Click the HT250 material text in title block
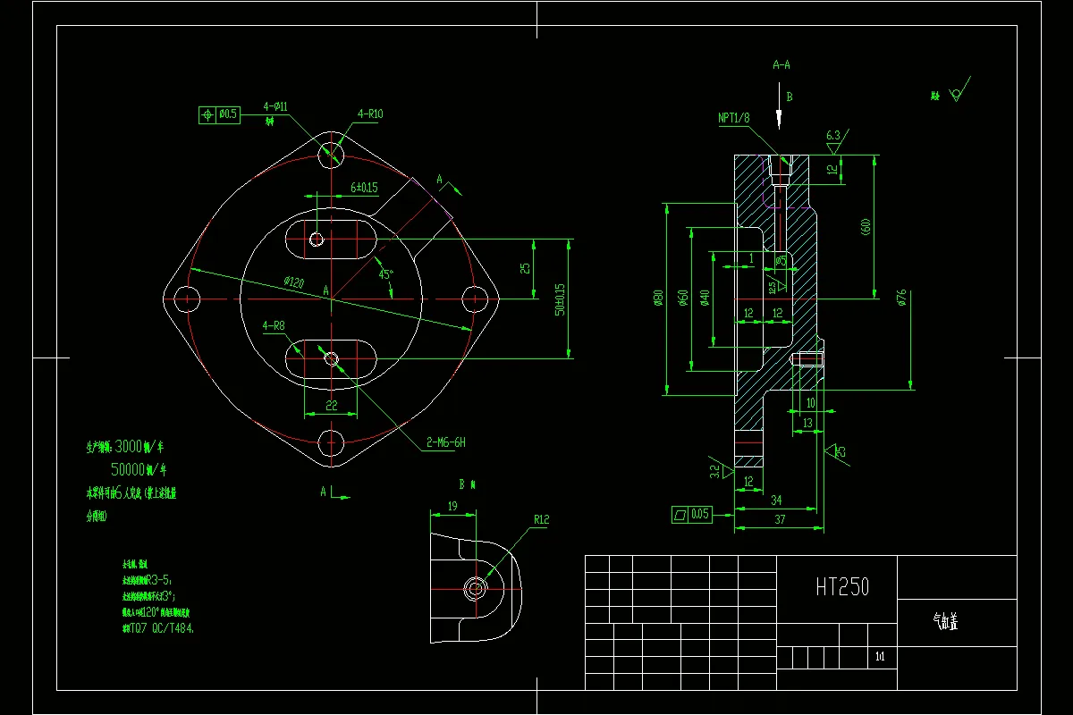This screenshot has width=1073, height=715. click(x=841, y=587)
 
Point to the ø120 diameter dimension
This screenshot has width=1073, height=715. click(x=294, y=282)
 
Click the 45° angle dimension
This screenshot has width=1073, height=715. click(x=385, y=274)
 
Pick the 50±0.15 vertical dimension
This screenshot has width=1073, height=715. click(x=561, y=299)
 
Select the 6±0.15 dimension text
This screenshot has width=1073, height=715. click(x=364, y=188)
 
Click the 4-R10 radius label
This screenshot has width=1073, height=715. click(x=370, y=114)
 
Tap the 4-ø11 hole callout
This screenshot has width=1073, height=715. click(x=275, y=106)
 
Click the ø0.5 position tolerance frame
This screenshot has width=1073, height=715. click(x=219, y=114)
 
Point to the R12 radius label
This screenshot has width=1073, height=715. click(x=542, y=518)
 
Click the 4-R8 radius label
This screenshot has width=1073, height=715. click(x=274, y=326)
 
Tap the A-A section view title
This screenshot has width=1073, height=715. click(x=781, y=64)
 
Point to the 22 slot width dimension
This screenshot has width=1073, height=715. click(x=331, y=405)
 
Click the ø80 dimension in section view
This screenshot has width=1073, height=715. click(x=658, y=298)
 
